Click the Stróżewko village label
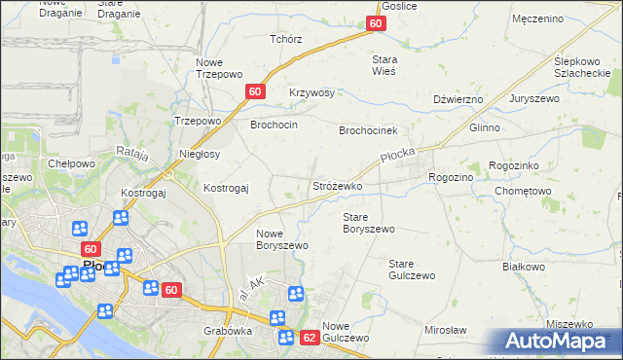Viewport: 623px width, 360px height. click(338, 185)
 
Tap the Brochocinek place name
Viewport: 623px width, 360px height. click(369, 129)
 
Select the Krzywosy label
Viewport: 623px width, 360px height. click(311, 92)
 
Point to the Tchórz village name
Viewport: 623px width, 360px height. click(286, 39)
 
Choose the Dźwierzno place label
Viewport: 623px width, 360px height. click(458, 99)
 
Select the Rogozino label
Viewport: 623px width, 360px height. click(451, 177)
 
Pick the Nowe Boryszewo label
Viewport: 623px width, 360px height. click(282, 239)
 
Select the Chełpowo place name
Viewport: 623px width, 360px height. click(71, 163)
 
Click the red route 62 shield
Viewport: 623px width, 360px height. click(310, 338)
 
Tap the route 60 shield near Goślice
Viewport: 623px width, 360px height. click(377, 23)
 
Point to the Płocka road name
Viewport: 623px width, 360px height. click(398, 160)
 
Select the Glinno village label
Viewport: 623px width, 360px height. click(484, 127)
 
